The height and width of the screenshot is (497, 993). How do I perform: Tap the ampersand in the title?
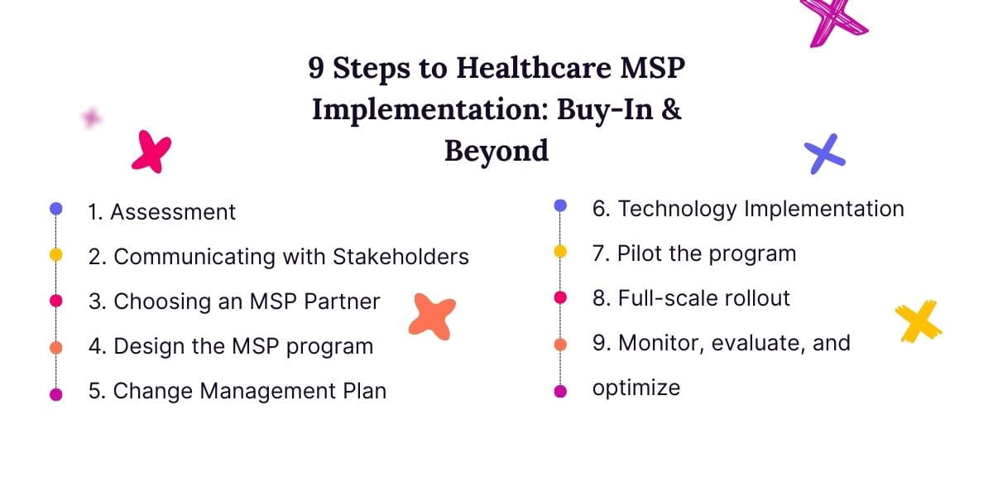point(671,109)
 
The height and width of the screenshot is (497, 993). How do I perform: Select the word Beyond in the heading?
point(496,151)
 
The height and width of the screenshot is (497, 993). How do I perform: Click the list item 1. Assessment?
point(161,212)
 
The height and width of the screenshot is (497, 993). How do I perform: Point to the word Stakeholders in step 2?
point(401,257)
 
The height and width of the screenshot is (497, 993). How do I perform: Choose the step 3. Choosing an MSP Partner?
point(234,302)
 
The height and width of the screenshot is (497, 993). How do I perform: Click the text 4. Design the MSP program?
point(231,346)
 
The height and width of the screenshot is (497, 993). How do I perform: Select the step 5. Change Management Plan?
point(237,391)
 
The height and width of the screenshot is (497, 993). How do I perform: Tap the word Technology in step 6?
point(678,209)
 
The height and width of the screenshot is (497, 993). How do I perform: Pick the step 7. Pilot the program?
point(694,253)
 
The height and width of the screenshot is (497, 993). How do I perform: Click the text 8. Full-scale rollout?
point(691,298)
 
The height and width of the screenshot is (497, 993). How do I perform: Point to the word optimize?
point(636,387)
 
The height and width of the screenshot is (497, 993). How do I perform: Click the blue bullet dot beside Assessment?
point(56,209)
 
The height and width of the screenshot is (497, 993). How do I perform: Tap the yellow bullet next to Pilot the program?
point(560,251)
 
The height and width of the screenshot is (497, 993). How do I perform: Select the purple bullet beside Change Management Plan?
point(56,394)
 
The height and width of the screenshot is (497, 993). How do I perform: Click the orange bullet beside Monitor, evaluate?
point(560,344)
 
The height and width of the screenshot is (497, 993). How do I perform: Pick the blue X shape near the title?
point(824,154)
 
